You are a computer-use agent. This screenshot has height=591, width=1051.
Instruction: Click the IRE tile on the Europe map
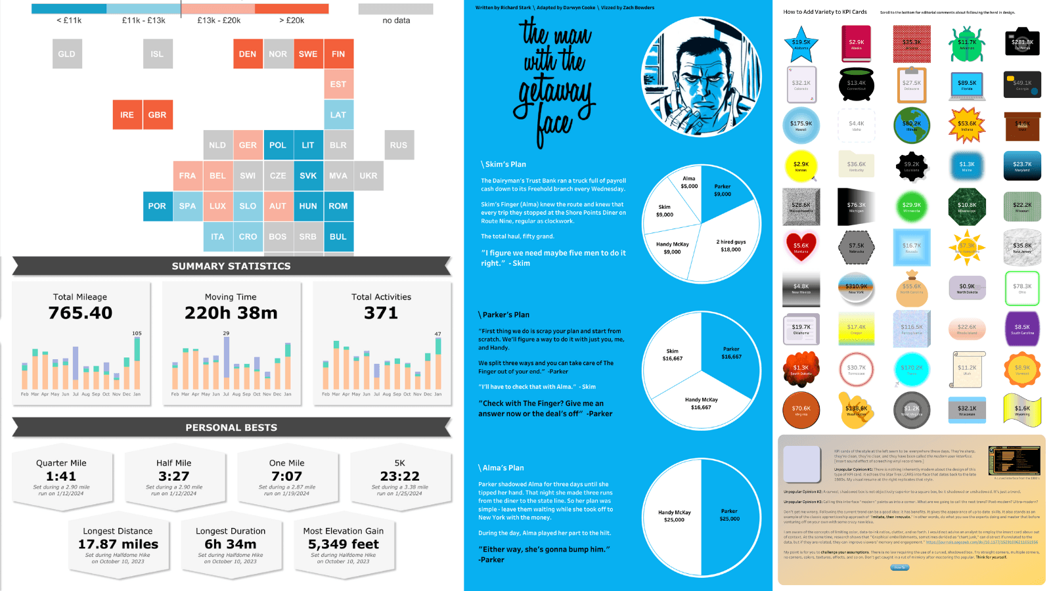click(x=127, y=115)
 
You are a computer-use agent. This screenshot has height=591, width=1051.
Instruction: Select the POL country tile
click(x=278, y=145)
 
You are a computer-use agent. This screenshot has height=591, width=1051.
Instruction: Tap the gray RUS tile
click(x=399, y=145)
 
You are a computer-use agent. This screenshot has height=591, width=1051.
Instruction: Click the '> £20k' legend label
click(x=292, y=20)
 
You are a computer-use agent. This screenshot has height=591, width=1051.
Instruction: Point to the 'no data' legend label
click(x=396, y=20)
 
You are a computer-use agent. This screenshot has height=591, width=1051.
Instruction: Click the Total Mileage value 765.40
click(x=80, y=313)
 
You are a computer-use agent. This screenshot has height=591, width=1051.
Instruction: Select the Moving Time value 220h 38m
click(x=231, y=313)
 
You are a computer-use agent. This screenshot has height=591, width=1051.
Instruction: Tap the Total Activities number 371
click(x=381, y=313)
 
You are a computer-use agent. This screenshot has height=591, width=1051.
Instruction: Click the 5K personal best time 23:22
click(x=399, y=476)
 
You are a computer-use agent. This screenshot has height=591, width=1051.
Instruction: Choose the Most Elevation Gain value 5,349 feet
click(x=344, y=544)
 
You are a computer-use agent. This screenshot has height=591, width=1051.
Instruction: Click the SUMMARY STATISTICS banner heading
click(x=231, y=266)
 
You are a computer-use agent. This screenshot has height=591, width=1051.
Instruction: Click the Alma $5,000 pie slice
click(x=688, y=183)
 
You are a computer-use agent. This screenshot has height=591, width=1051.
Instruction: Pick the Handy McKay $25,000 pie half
click(x=673, y=516)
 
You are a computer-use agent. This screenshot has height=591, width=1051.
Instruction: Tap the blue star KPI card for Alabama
click(x=801, y=43)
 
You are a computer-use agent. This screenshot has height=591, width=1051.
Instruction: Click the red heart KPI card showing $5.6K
click(x=801, y=246)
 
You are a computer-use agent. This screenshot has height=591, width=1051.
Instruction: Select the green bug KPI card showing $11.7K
click(x=966, y=43)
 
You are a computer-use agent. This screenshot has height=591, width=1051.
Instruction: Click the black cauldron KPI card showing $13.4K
click(x=856, y=84)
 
